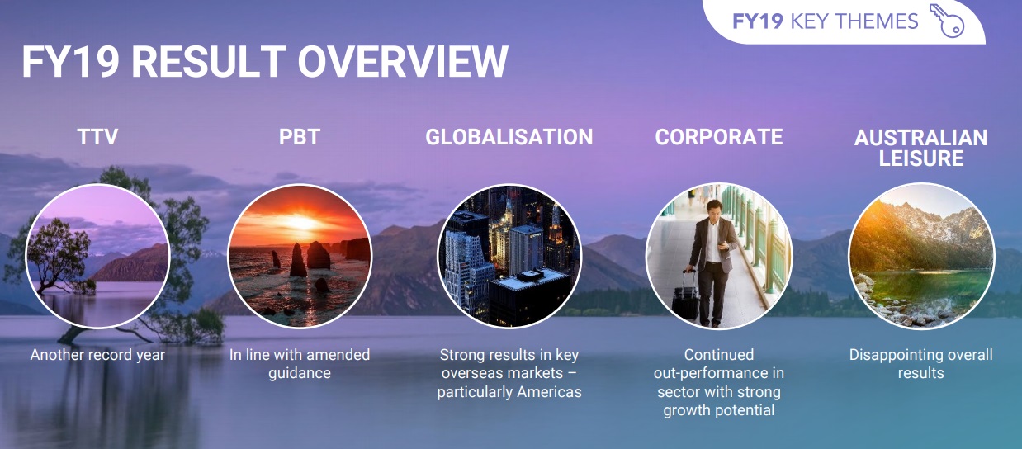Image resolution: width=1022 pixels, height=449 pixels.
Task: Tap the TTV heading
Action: pos(97,137)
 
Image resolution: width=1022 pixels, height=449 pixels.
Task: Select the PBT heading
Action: pos(300,137)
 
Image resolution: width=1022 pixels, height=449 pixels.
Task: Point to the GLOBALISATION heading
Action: pos(509,137)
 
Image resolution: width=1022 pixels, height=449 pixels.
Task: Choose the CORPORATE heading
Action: pos(719,137)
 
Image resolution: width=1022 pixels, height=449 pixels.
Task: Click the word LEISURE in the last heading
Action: pos(921,158)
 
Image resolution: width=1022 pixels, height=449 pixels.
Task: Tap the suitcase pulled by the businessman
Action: pos(685,295)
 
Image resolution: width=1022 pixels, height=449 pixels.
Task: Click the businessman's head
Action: pos(714,210)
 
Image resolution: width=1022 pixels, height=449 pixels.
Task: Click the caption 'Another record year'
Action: pos(97,355)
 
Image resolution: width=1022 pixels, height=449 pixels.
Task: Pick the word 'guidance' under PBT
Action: pos(300,373)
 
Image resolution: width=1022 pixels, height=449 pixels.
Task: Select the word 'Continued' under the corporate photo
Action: pos(719,355)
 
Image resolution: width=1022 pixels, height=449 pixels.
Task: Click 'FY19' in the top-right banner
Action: pos(758,21)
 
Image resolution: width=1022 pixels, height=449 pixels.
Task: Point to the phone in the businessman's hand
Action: pos(722,244)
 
